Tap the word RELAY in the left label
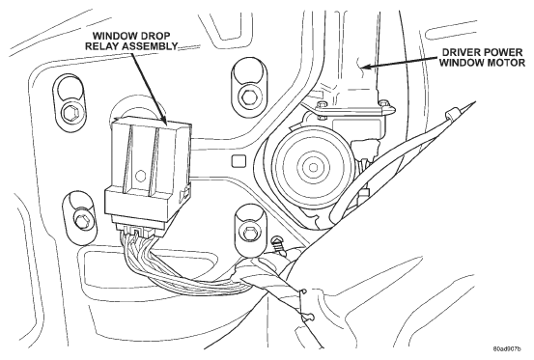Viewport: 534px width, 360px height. [x=100, y=46]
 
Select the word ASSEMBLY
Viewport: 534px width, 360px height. [x=149, y=46]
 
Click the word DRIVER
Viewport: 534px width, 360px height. [x=461, y=52]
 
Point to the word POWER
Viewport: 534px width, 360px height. [x=502, y=52]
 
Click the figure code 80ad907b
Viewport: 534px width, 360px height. [x=507, y=349]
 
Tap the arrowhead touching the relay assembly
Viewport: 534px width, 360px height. [x=163, y=118]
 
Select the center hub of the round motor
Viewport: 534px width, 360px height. [x=312, y=167]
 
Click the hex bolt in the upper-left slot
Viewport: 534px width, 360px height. [x=70, y=112]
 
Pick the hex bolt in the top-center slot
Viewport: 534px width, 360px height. [x=247, y=96]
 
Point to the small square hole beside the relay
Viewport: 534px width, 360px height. [x=239, y=160]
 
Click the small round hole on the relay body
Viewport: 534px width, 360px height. [x=140, y=176]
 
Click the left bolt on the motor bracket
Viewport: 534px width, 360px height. [x=321, y=104]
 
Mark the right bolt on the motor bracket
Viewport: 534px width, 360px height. [x=383, y=102]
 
